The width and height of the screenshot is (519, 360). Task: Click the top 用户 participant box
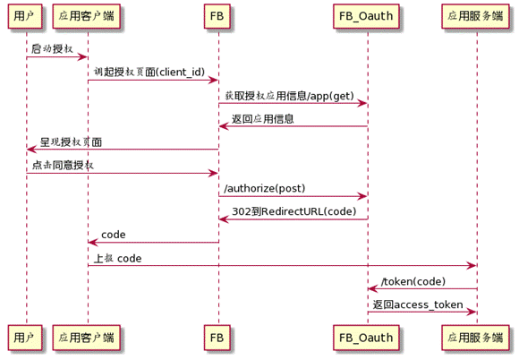click(26, 16)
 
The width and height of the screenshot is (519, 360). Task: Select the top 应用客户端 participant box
click(87, 16)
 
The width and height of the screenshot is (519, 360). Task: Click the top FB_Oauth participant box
click(367, 16)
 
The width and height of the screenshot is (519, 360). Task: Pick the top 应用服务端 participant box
click(476, 16)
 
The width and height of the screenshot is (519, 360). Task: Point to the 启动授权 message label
click(52, 48)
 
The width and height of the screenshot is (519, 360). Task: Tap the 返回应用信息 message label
click(263, 118)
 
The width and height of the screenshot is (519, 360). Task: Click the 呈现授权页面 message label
click(71, 141)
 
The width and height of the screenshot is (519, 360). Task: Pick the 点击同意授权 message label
click(63, 165)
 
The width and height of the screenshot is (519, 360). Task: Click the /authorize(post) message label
click(264, 188)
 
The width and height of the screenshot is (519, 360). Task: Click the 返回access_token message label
click(418, 304)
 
